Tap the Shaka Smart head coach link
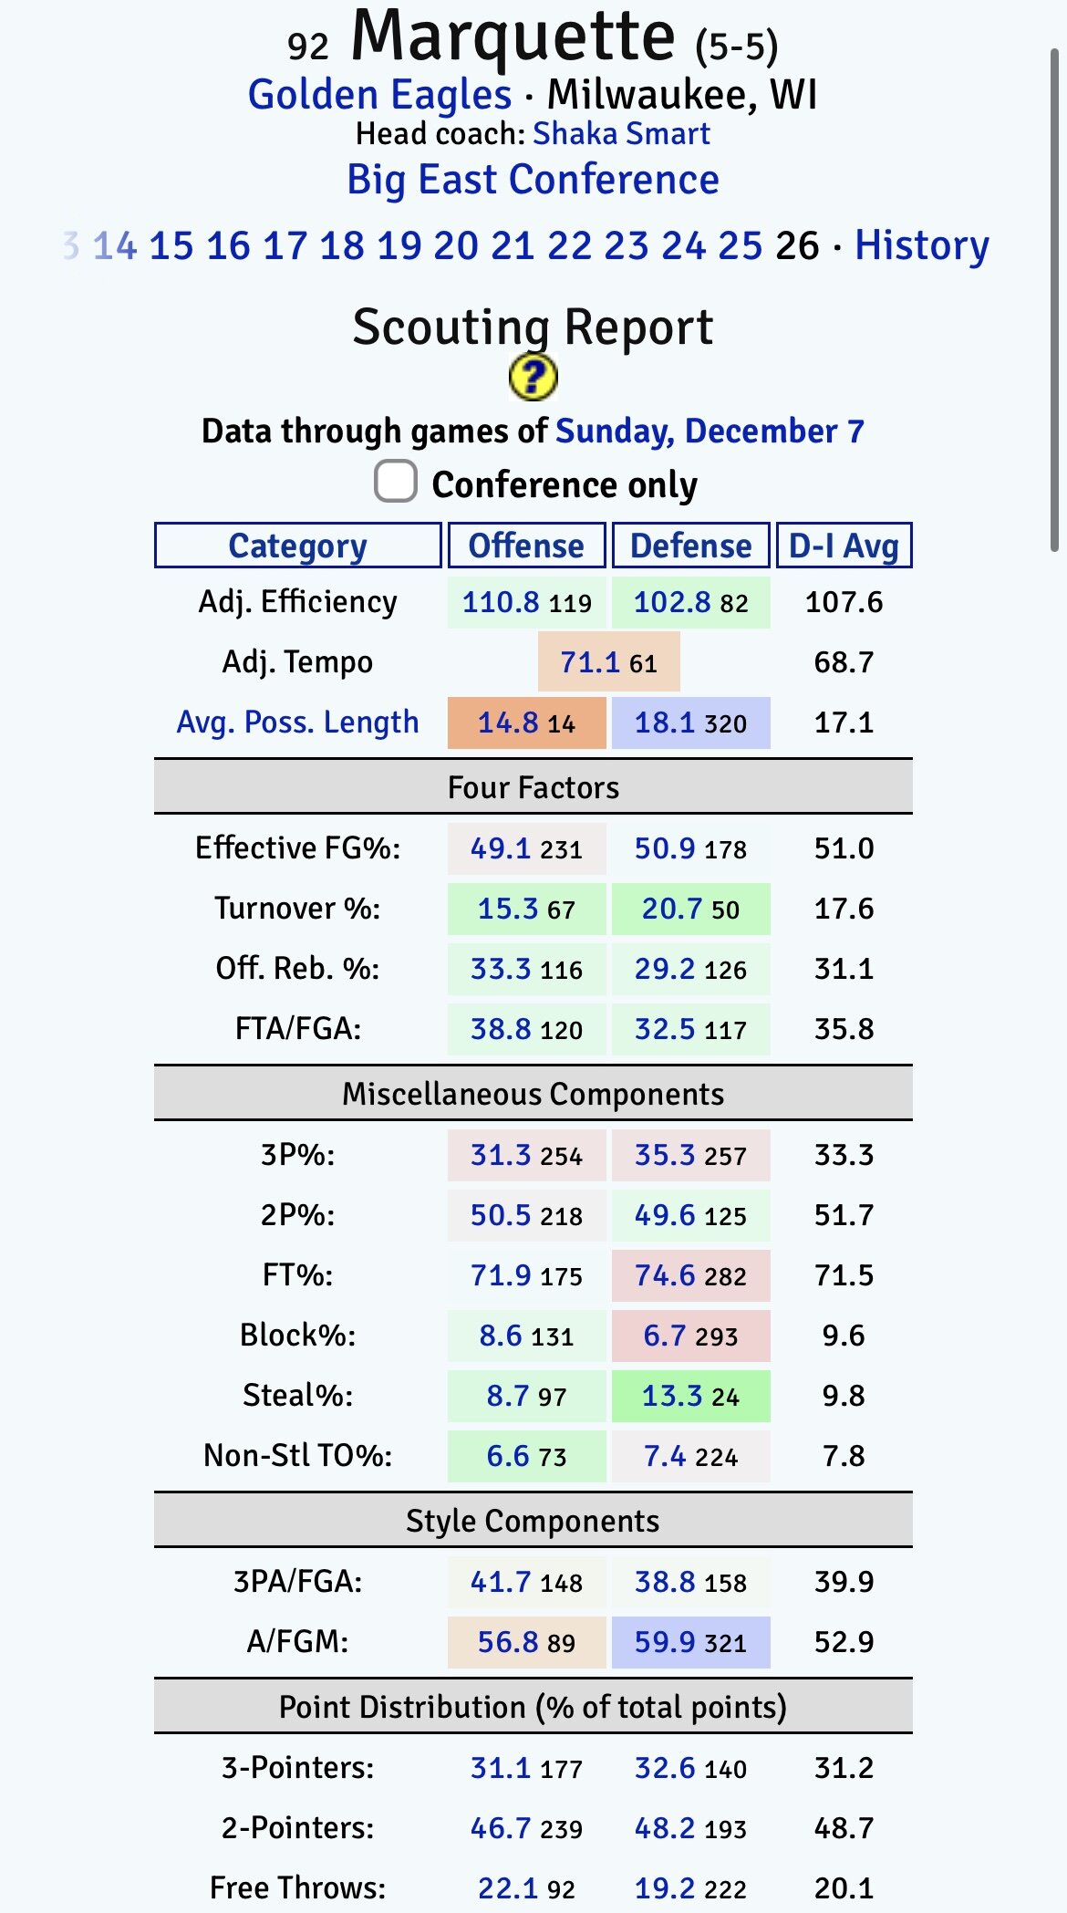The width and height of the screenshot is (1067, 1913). pyautogui.click(x=621, y=134)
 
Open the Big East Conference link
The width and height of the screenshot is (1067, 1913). pyautogui.click(x=533, y=180)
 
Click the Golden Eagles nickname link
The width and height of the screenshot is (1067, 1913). pyautogui.click(x=379, y=95)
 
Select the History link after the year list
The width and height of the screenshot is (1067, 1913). pyautogui.click(x=921, y=245)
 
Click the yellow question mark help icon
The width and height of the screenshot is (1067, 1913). pyautogui.click(x=533, y=377)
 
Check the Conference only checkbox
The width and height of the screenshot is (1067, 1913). pyautogui.click(x=396, y=482)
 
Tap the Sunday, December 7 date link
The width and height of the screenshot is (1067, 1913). pyautogui.click(x=710, y=431)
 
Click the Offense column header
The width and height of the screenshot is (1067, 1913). pyautogui.click(x=526, y=546)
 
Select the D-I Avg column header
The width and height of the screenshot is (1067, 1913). pyautogui.click(x=844, y=546)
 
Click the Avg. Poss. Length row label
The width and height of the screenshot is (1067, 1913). pyautogui.click(x=297, y=723)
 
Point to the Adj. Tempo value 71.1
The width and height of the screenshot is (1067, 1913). pyautogui.click(x=590, y=662)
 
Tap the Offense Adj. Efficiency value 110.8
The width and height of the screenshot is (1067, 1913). pyautogui.click(x=501, y=602)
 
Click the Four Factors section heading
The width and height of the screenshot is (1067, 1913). pyautogui.click(x=533, y=787)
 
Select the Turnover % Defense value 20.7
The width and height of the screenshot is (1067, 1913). pyautogui.click(x=672, y=909)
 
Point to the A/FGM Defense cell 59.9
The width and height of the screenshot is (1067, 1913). pyautogui.click(x=665, y=1642)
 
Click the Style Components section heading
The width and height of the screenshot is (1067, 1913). pyautogui.click(x=533, y=1521)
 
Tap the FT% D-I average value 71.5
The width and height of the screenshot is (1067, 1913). pyautogui.click(x=844, y=1275)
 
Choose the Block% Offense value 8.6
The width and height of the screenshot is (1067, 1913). pyautogui.click(x=501, y=1336)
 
